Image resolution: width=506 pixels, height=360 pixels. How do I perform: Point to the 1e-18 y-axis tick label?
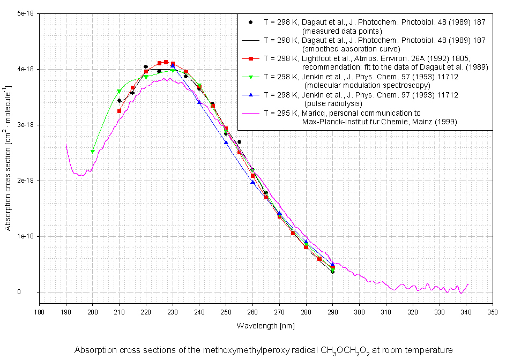(x=25, y=236)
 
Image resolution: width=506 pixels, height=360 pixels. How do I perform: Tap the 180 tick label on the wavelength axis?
(x=39, y=312)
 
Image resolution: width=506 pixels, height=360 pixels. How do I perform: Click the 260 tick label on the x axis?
(x=252, y=312)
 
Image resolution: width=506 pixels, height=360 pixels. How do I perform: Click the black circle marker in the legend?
(x=250, y=23)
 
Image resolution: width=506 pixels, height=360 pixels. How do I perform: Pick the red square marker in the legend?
(x=250, y=58)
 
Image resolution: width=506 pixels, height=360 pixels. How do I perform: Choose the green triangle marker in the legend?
(x=250, y=77)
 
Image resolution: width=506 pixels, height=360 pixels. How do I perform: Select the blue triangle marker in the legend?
(x=250, y=95)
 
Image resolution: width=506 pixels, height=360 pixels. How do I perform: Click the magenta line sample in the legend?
(x=250, y=113)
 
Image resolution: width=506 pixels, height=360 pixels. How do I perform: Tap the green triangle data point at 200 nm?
(x=93, y=152)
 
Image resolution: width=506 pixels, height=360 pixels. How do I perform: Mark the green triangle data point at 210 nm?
(x=119, y=92)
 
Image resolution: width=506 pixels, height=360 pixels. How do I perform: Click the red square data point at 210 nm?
(x=119, y=111)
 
